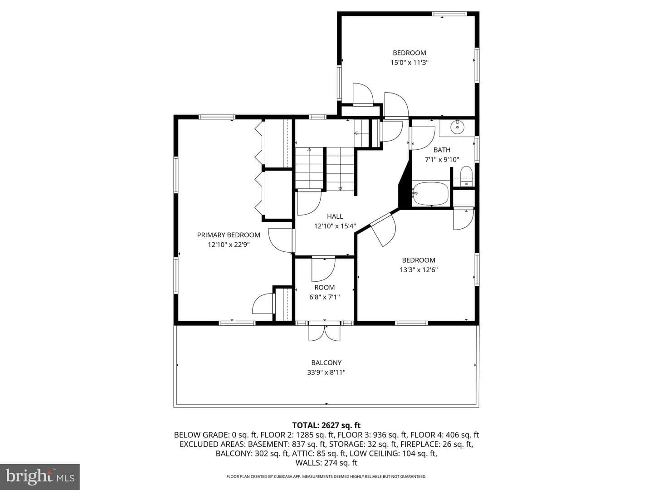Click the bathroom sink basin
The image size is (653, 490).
[x=457, y=127]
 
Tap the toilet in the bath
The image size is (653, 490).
[x=466, y=176]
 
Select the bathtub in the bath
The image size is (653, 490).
[x=430, y=194]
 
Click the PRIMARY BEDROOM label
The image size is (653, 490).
[x=229, y=235]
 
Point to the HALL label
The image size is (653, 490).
[x=335, y=216]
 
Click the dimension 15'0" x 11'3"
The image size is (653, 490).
[x=409, y=63]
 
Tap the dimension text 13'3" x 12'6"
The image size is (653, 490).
[x=419, y=270]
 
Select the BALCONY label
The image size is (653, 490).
[x=326, y=363]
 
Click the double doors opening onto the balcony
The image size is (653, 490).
[x=324, y=332]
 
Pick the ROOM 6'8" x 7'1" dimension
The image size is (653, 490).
[x=324, y=297]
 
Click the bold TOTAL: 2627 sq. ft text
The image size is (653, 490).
[x=326, y=425]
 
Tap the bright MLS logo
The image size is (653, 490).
[x=40, y=476]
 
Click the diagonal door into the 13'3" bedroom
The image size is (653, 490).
[x=383, y=230]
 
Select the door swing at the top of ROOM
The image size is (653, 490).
[x=323, y=269]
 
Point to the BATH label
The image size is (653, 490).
[x=442, y=150]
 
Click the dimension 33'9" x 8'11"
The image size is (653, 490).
[x=326, y=372]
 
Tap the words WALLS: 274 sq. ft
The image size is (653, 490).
[x=326, y=463]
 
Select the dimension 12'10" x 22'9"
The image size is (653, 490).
[x=229, y=245]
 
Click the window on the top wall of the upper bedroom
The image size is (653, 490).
[x=449, y=14]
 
